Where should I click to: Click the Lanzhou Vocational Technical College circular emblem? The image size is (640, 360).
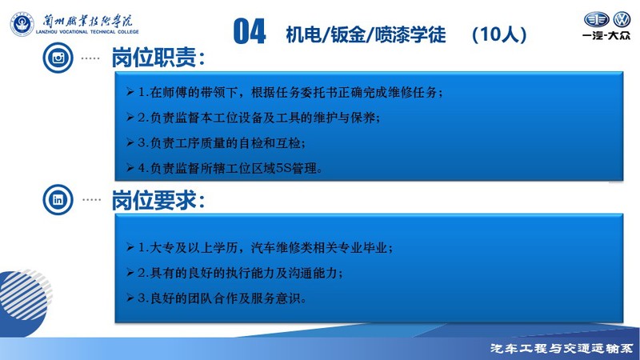[x=22, y=24]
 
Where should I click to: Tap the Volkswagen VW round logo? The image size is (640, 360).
[x=622, y=19]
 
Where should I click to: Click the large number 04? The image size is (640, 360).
[x=250, y=31]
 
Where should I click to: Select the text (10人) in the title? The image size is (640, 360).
[x=499, y=34]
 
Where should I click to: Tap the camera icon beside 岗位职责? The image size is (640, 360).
[x=58, y=58]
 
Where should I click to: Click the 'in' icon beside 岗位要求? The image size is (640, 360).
[x=58, y=199]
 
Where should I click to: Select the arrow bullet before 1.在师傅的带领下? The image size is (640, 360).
[x=130, y=92]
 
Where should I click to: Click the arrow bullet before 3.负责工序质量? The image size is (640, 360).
[x=130, y=142]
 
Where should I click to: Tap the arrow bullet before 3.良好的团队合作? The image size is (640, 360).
[x=130, y=298]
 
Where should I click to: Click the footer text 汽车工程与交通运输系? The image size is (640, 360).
[x=562, y=349]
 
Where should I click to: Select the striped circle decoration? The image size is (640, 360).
[x=25, y=294]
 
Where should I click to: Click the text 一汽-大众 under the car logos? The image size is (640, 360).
[x=606, y=35]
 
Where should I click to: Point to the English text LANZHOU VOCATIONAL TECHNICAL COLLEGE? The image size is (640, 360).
[x=87, y=32]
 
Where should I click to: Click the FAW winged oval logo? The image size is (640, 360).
[x=596, y=19]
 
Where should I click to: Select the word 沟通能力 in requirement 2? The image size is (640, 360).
[x=313, y=273]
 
